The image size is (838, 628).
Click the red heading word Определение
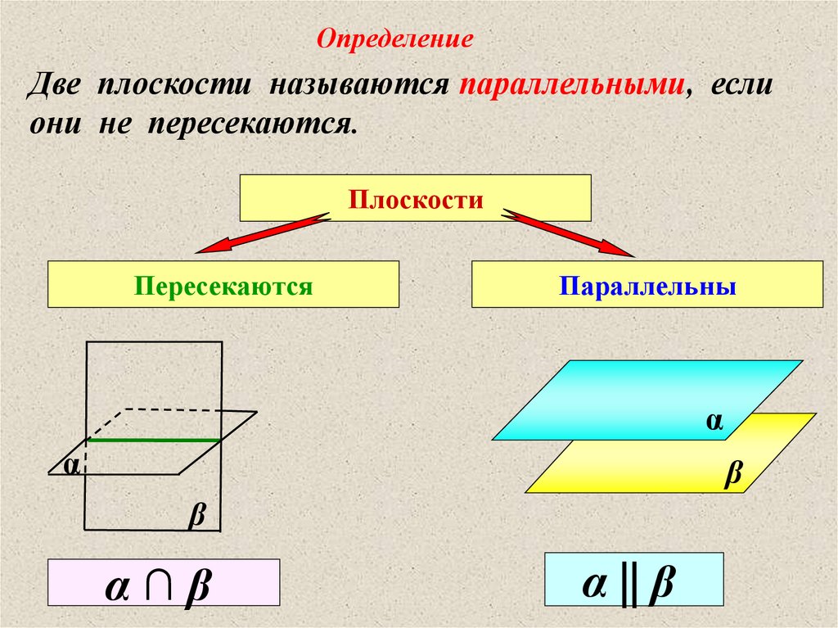(395, 38)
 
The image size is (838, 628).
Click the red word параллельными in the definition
(570, 86)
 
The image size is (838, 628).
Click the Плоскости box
(415, 198)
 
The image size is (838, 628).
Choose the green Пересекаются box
(223, 285)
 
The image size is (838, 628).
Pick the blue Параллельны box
(647, 285)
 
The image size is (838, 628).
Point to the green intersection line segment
(154, 441)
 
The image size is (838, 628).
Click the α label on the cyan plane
(715, 420)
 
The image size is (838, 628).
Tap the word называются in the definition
(356, 86)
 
